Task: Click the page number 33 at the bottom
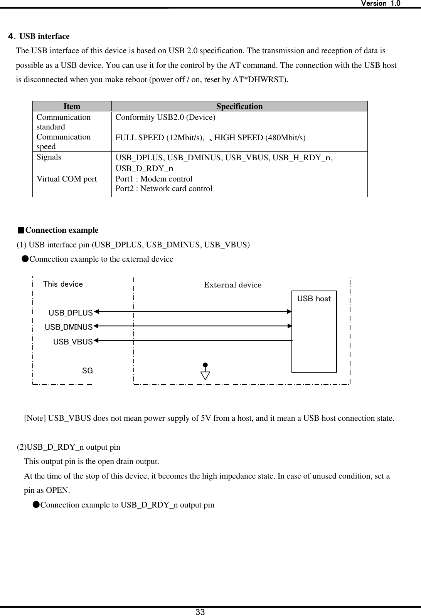pyautogui.click(x=200, y=612)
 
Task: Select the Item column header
pyautogui.click(x=72, y=106)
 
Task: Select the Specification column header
pyautogui.click(x=239, y=106)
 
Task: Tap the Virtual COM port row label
pyautogui.click(x=66, y=179)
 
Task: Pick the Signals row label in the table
pyautogui.click(x=49, y=157)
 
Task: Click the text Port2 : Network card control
pyautogui.click(x=164, y=188)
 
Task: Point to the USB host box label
pyautogui.click(x=314, y=299)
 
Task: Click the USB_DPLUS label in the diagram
pyautogui.click(x=71, y=313)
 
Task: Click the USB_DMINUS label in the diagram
pyautogui.click(x=69, y=327)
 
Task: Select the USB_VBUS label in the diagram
pyautogui.click(x=73, y=342)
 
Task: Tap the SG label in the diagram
pyautogui.click(x=87, y=371)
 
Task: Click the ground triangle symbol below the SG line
pyautogui.click(x=205, y=375)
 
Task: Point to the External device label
pyautogui.click(x=232, y=285)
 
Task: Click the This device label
pyautogui.click(x=63, y=284)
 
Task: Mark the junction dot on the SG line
pyautogui.click(x=205, y=365)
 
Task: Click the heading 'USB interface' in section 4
pyautogui.click(x=44, y=36)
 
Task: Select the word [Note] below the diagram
pyautogui.click(x=35, y=418)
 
